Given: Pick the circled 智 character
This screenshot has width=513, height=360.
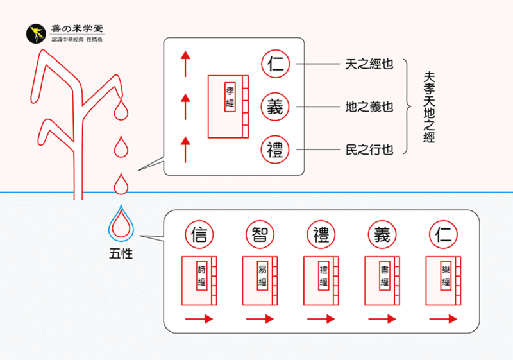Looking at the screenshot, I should (x=260, y=235).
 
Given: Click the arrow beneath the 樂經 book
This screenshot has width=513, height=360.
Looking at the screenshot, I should (x=444, y=319).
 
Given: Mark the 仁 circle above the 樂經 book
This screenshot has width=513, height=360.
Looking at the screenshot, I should (x=444, y=235).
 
